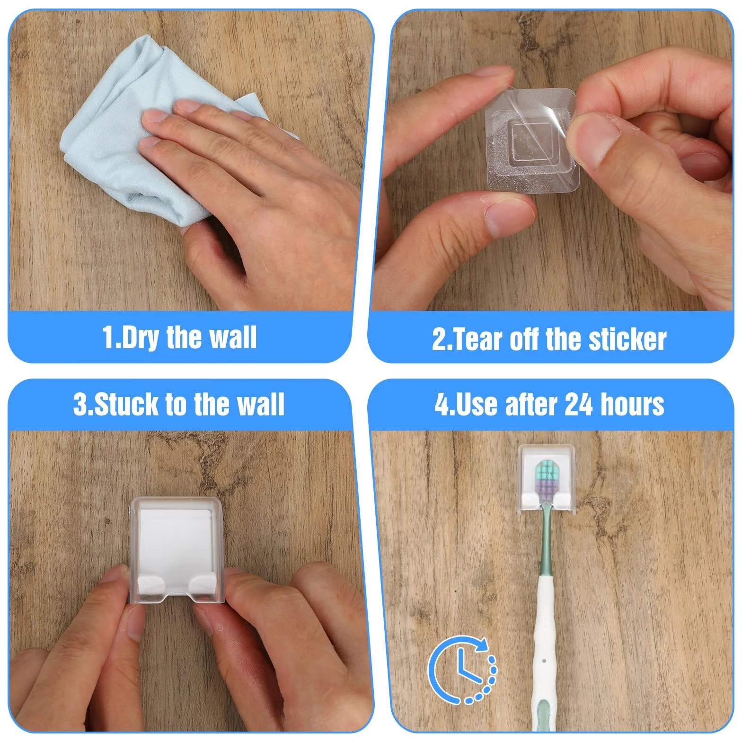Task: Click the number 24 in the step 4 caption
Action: click(578, 405)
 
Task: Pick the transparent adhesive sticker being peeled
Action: click(531, 140)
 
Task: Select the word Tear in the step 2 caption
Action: click(474, 340)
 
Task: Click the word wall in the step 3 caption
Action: click(260, 405)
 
